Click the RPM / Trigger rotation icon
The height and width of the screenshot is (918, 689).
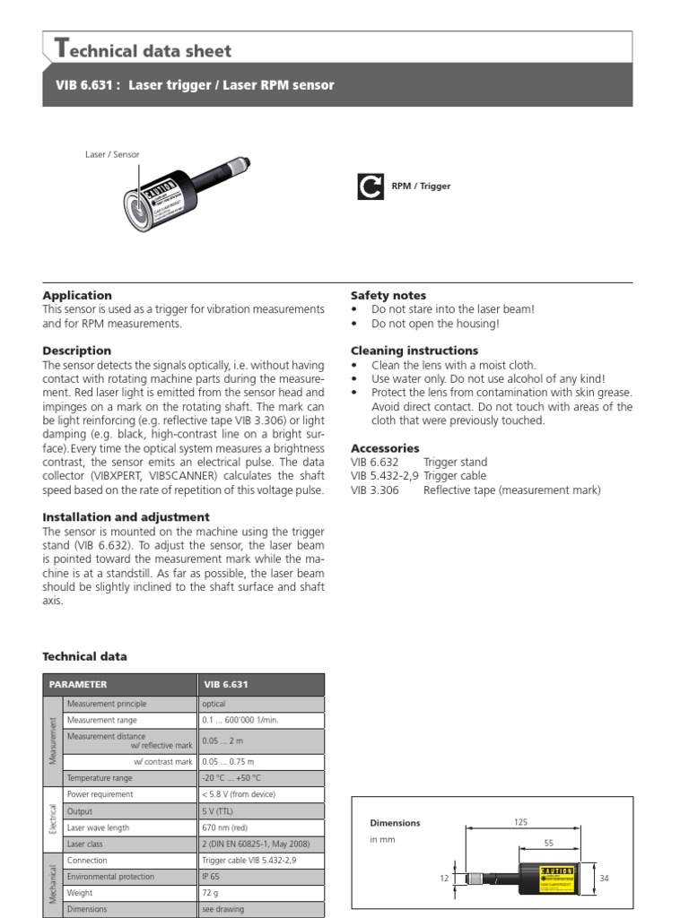tap(369, 186)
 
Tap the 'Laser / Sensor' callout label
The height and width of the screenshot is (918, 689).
tap(112, 154)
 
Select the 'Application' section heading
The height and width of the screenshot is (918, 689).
tap(77, 295)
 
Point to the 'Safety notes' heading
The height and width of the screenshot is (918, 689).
tap(388, 295)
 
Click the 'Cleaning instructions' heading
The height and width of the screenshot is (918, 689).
tap(414, 351)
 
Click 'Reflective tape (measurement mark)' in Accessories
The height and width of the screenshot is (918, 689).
tap(511, 490)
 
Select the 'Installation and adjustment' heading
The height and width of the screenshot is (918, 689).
tap(126, 517)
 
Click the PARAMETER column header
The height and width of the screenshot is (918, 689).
tap(78, 684)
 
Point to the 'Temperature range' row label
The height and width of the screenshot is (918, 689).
tap(100, 778)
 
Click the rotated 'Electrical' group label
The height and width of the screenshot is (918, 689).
tap(52, 818)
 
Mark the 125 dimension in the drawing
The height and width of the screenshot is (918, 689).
tap(545, 822)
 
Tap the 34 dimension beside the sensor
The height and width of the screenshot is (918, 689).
tap(604, 879)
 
